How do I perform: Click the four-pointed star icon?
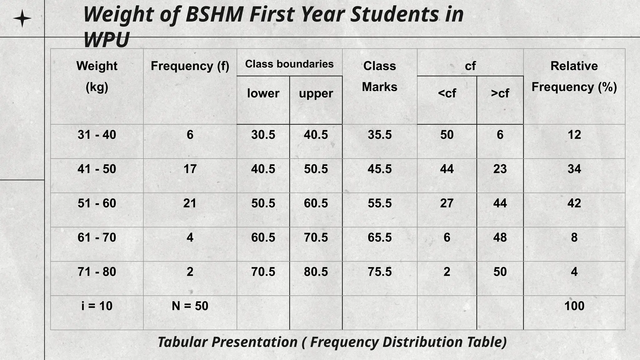(x=22, y=18)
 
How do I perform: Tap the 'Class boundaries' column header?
(x=289, y=64)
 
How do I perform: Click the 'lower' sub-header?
(x=263, y=93)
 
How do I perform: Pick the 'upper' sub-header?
(x=316, y=93)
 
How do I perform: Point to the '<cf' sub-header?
(x=447, y=93)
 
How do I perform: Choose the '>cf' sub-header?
(x=500, y=93)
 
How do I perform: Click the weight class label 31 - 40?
(x=97, y=135)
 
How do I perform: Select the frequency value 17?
(x=190, y=169)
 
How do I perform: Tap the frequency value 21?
(x=190, y=203)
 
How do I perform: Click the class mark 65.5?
(x=379, y=237)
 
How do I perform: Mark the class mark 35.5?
(x=379, y=135)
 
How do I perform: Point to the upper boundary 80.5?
(x=316, y=272)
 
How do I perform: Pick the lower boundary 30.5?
(x=263, y=135)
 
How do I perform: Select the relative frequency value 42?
(x=574, y=203)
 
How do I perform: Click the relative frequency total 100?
(x=574, y=306)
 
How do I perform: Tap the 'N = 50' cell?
(x=190, y=306)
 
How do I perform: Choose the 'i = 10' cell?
(x=97, y=306)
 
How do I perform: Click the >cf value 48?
(x=500, y=237)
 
